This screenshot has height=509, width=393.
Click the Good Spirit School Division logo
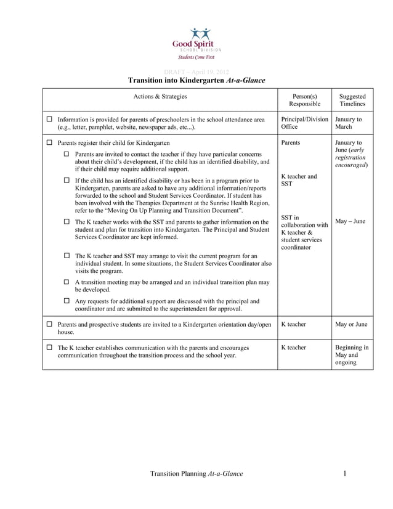(x=196, y=43)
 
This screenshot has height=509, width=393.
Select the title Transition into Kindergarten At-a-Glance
(x=196, y=81)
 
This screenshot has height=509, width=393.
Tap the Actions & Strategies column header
(x=160, y=96)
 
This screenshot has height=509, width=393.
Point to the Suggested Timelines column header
(x=353, y=100)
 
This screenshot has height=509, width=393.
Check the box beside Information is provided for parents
(x=49, y=119)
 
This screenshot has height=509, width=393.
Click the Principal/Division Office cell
(x=304, y=123)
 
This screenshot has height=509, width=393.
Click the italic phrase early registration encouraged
(x=351, y=158)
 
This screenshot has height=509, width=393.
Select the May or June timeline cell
(x=351, y=324)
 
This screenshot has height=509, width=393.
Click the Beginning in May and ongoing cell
(x=352, y=356)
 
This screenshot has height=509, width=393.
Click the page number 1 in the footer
(x=346, y=473)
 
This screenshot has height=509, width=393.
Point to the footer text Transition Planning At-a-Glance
(x=197, y=473)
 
